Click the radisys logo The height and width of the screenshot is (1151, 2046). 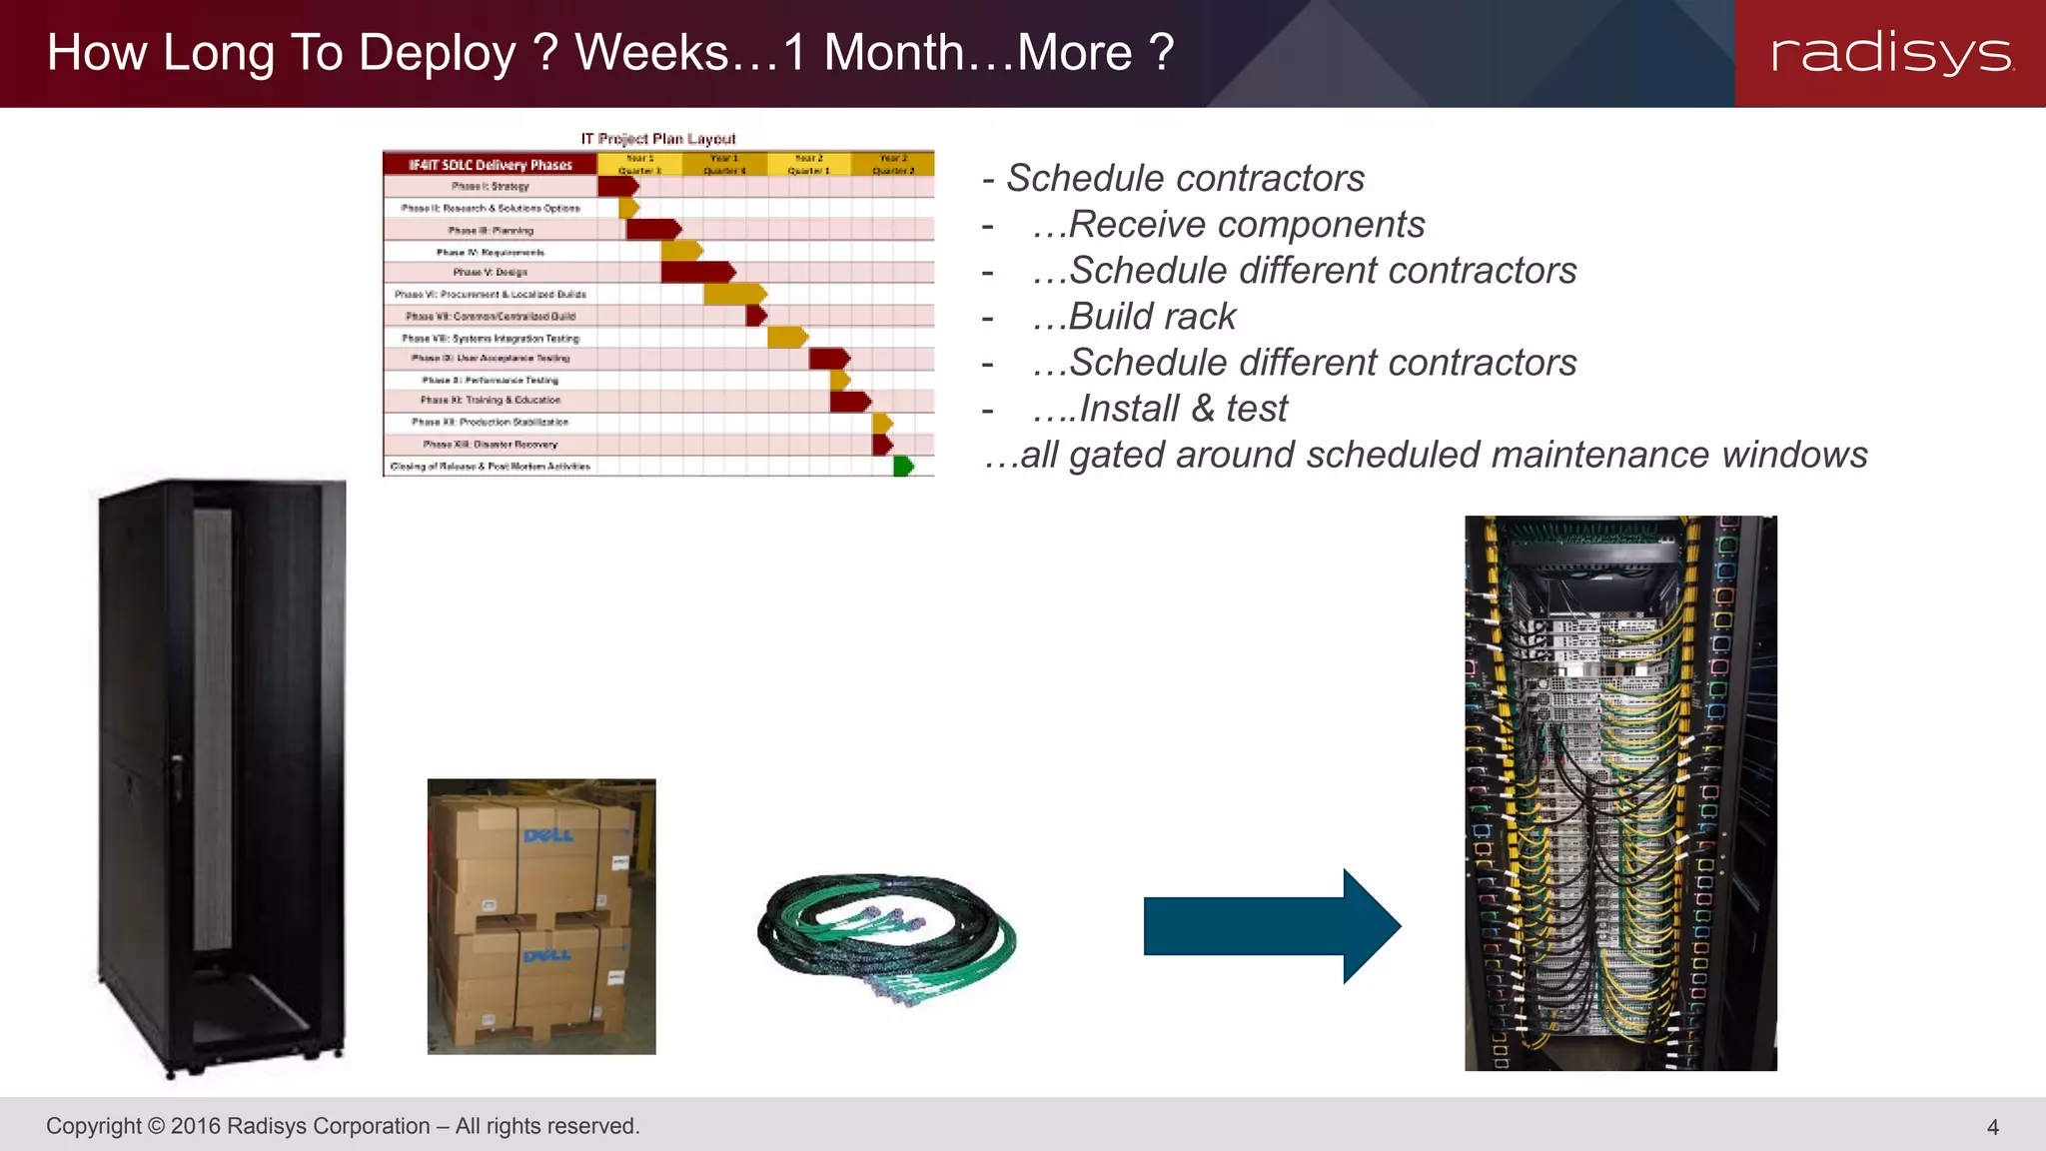tap(1891, 53)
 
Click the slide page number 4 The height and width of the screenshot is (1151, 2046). tap(1992, 1127)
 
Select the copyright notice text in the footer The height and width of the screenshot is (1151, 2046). tap(343, 1126)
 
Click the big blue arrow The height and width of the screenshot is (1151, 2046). tap(1271, 926)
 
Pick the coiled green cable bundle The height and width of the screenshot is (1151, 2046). tap(886, 936)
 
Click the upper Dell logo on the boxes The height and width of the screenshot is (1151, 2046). tap(548, 835)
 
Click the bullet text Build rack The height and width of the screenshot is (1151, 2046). tap(1151, 317)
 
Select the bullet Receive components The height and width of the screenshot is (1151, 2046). tap(1246, 225)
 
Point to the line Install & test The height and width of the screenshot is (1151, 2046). tap(1183, 409)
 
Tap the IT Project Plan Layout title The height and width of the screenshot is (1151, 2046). tap(658, 139)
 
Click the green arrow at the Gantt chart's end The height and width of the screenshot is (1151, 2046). tap(903, 466)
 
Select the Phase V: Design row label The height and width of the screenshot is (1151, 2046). tap(490, 272)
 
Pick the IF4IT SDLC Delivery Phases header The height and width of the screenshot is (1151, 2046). tap(490, 165)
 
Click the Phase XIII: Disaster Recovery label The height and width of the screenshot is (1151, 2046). tap(490, 444)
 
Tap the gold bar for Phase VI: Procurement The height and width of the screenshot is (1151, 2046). tap(734, 294)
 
